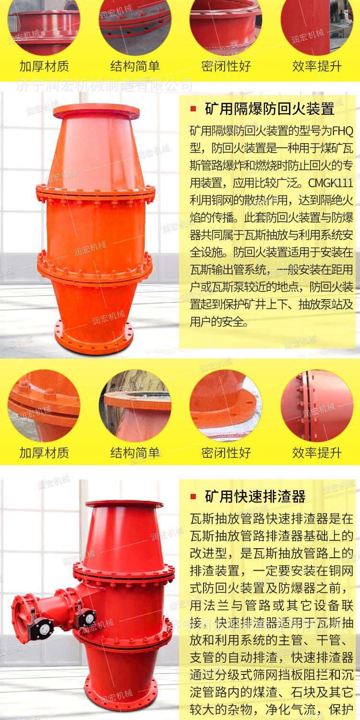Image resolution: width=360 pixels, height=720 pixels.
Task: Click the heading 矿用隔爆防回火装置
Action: tap(269, 109)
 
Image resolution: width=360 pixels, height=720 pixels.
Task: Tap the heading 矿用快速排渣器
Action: tap(254, 496)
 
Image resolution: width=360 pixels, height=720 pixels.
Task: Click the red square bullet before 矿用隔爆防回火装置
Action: tap(193, 109)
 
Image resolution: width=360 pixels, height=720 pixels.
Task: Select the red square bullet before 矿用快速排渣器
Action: tap(193, 496)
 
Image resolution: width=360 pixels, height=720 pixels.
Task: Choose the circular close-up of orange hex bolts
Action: tap(43, 405)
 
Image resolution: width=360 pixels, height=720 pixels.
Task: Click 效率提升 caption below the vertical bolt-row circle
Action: tap(316, 452)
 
